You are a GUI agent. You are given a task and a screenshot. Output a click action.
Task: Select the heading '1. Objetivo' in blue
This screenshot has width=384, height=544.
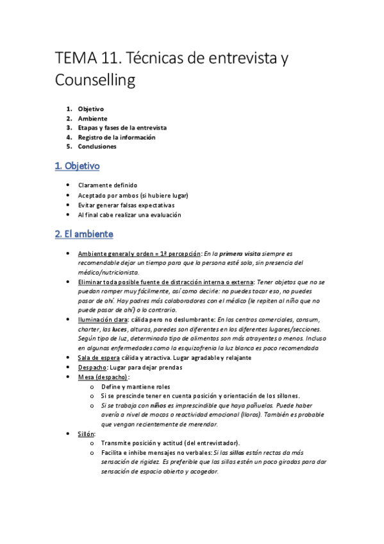coord(77,166)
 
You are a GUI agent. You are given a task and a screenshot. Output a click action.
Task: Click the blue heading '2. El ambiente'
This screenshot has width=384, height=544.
coord(83,234)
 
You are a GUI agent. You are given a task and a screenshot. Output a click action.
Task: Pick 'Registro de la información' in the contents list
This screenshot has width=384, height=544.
coord(117,137)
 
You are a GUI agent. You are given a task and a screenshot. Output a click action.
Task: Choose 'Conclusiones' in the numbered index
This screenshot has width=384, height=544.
coord(97,146)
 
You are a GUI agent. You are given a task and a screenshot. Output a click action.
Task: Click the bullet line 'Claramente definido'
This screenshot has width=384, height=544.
coord(108,185)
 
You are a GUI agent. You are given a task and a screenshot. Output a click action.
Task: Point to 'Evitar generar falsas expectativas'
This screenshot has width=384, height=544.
coord(126,205)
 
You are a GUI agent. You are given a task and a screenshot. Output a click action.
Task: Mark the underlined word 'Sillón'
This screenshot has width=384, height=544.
coord(86,434)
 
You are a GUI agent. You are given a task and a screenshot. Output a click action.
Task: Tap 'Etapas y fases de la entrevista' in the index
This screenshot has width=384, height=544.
coord(122,128)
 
